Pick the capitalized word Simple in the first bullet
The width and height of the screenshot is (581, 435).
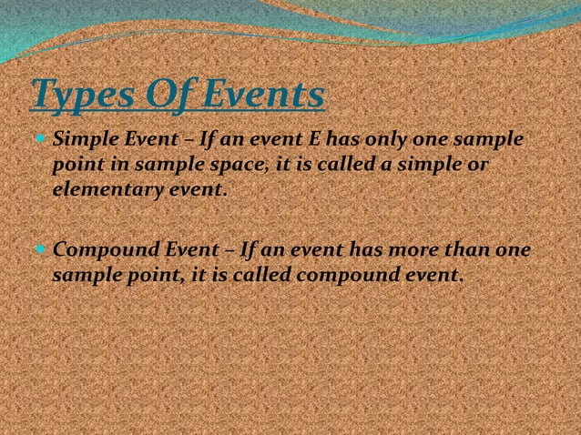81,142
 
